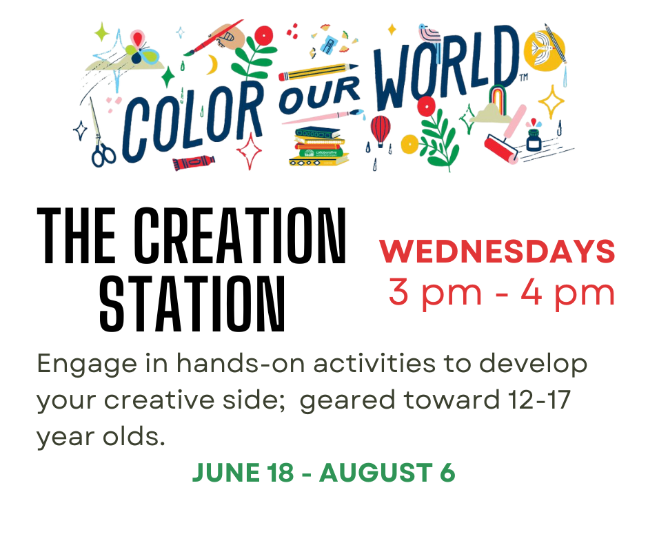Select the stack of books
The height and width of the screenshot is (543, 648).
tap(318, 146)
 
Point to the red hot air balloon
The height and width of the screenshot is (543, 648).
tap(381, 131)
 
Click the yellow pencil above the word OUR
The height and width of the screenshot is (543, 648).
tap(318, 72)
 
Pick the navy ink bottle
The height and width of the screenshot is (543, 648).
tap(534, 140)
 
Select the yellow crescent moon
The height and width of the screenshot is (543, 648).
tap(212, 65)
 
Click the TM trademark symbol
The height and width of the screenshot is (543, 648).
tap(524, 77)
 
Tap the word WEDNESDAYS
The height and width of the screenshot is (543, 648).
tap(497, 252)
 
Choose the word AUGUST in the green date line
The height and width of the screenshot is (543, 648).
tap(376, 473)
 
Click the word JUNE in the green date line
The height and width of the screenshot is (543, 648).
tap(226, 473)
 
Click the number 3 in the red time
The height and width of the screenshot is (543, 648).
tap(399, 291)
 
